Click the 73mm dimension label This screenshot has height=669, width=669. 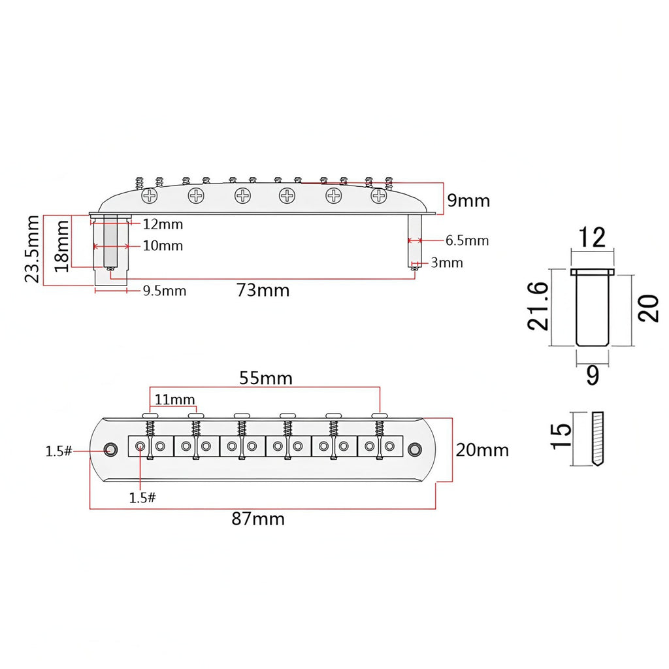pyautogui.click(x=263, y=291)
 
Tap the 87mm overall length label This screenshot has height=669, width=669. pyautogui.click(x=258, y=519)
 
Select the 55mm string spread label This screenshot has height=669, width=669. pyautogui.click(x=266, y=378)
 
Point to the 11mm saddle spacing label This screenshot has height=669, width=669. pyautogui.click(x=174, y=400)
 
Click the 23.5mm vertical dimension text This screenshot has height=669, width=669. pyautogui.click(x=33, y=249)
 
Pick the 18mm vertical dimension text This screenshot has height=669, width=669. pyautogui.click(x=61, y=246)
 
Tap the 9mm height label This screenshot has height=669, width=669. pyautogui.click(x=468, y=201)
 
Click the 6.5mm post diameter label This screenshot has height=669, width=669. pyautogui.click(x=467, y=240)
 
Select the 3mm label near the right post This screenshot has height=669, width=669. pyautogui.click(x=447, y=263)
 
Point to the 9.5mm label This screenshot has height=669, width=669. pyautogui.click(x=164, y=291)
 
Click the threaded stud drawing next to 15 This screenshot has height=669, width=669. pyautogui.click(x=598, y=438)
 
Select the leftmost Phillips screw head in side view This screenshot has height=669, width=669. pyautogui.click(x=150, y=196)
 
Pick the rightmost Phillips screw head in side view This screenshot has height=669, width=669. pyautogui.click(x=378, y=196)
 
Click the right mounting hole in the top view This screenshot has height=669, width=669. pyautogui.click(x=415, y=449)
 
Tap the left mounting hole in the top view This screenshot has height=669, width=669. pyautogui.click(x=111, y=449)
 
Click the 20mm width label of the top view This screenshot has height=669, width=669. pyautogui.click(x=482, y=451)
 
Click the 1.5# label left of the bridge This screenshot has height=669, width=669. pyautogui.click(x=59, y=451)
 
